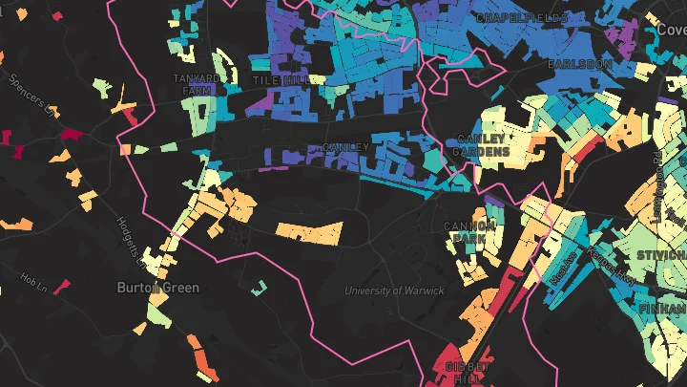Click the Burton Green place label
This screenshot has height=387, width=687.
coord(157,287)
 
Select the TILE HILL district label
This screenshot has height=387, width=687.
coord(280,81)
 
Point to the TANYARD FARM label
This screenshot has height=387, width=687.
coord(196,84)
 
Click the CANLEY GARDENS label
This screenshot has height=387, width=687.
coord(480,145)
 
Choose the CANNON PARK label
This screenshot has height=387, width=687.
coord(470,232)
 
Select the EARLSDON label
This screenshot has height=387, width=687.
coord(577,63)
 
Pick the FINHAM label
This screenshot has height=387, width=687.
coord(664,310)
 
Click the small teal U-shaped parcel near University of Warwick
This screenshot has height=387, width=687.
coord(257,288)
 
